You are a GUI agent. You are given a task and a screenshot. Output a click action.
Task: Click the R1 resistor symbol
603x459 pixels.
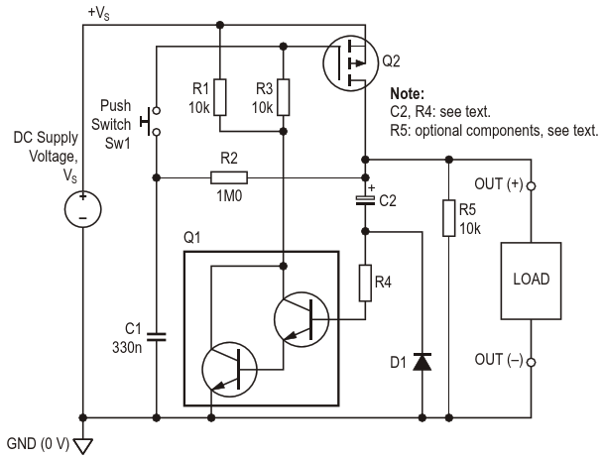click(x=220, y=97)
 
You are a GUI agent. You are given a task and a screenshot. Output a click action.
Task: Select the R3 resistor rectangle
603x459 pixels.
click(x=284, y=97)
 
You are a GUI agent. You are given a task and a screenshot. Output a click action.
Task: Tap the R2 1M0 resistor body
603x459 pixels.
click(x=229, y=177)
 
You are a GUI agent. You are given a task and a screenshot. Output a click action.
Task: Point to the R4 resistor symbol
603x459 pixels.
click(x=365, y=283)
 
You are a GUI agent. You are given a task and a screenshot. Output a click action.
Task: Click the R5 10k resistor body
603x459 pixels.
click(x=449, y=218)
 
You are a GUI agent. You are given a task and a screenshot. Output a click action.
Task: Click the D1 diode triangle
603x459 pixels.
click(x=422, y=362)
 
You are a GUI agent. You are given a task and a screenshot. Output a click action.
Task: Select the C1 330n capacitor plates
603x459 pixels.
click(x=157, y=337)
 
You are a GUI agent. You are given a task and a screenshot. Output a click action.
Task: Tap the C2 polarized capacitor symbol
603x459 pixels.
click(x=365, y=200)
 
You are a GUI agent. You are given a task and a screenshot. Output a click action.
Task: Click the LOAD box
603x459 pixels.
click(x=531, y=281)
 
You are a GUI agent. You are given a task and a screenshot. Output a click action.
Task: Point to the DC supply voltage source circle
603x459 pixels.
click(x=82, y=209)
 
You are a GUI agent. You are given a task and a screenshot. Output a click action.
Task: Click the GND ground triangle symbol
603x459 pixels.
click(x=83, y=446)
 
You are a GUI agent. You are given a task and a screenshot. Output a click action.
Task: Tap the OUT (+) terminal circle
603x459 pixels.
click(x=531, y=186)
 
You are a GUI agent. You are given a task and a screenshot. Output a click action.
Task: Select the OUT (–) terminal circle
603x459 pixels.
click(x=531, y=362)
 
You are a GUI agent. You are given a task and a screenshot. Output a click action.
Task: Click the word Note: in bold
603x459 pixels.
click(x=408, y=93)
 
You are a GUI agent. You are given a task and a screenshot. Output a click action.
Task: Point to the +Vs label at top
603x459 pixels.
click(x=99, y=13)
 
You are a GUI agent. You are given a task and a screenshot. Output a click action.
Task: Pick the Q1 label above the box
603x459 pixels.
click(x=192, y=238)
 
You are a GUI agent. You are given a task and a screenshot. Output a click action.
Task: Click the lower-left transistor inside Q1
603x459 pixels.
click(x=229, y=370)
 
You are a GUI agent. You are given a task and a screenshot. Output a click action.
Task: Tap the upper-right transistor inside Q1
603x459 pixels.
click(x=301, y=319)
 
